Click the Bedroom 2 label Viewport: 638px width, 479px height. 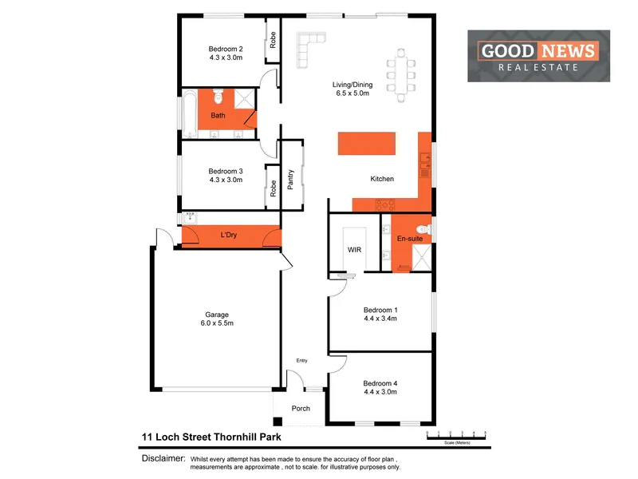point(226,48)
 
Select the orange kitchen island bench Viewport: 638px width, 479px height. point(367,144)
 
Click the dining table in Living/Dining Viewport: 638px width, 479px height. point(401,71)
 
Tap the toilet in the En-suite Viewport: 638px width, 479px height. point(423,230)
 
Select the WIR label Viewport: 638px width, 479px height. point(355,250)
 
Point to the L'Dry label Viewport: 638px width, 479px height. point(230,236)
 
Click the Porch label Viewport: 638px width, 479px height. point(301,409)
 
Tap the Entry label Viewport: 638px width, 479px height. point(301,361)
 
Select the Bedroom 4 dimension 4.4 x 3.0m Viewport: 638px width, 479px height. point(380,392)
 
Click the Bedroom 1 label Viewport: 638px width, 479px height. point(380,310)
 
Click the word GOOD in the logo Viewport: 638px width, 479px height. point(506,52)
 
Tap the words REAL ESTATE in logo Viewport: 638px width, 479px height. point(538,68)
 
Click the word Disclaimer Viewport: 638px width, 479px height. point(163,459)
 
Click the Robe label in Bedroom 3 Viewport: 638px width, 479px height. point(273,188)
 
